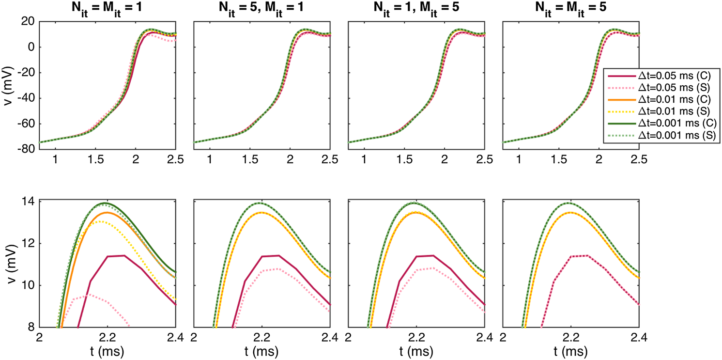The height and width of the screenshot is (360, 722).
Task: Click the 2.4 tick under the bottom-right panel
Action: click(x=639, y=338)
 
